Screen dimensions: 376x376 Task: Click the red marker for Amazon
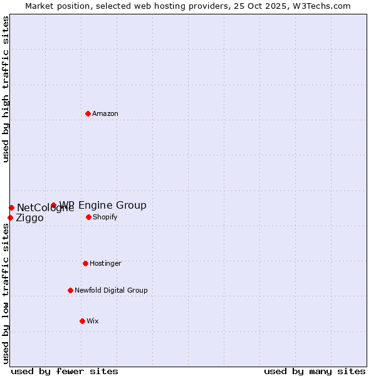(x=88, y=113)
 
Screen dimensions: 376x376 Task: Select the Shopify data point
(x=88, y=217)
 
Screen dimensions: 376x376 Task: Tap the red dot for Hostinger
(x=85, y=263)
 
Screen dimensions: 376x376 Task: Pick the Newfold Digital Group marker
(x=70, y=290)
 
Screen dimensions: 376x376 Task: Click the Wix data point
(x=82, y=321)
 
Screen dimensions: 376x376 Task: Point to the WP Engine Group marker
(x=53, y=205)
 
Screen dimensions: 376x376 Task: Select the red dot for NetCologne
(x=11, y=207)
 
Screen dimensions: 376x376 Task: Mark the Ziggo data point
(x=10, y=217)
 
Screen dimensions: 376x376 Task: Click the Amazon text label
(x=105, y=113)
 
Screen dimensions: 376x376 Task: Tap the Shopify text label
(x=105, y=217)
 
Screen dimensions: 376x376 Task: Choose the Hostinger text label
(x=105, y=263)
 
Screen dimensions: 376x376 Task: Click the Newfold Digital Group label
(x=111, y=290)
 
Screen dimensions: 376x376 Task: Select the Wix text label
(x=93, y=321)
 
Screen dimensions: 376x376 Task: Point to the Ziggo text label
(x=29, y=218)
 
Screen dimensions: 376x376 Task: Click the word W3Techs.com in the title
(x=320, y=6)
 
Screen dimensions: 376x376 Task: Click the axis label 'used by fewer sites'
(x=65, y=371)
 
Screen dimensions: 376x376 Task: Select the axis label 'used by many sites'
(x=315, y=371)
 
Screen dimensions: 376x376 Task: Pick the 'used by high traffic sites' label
(x=6, y=89)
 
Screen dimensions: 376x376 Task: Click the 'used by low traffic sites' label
(x=6, y=293)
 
